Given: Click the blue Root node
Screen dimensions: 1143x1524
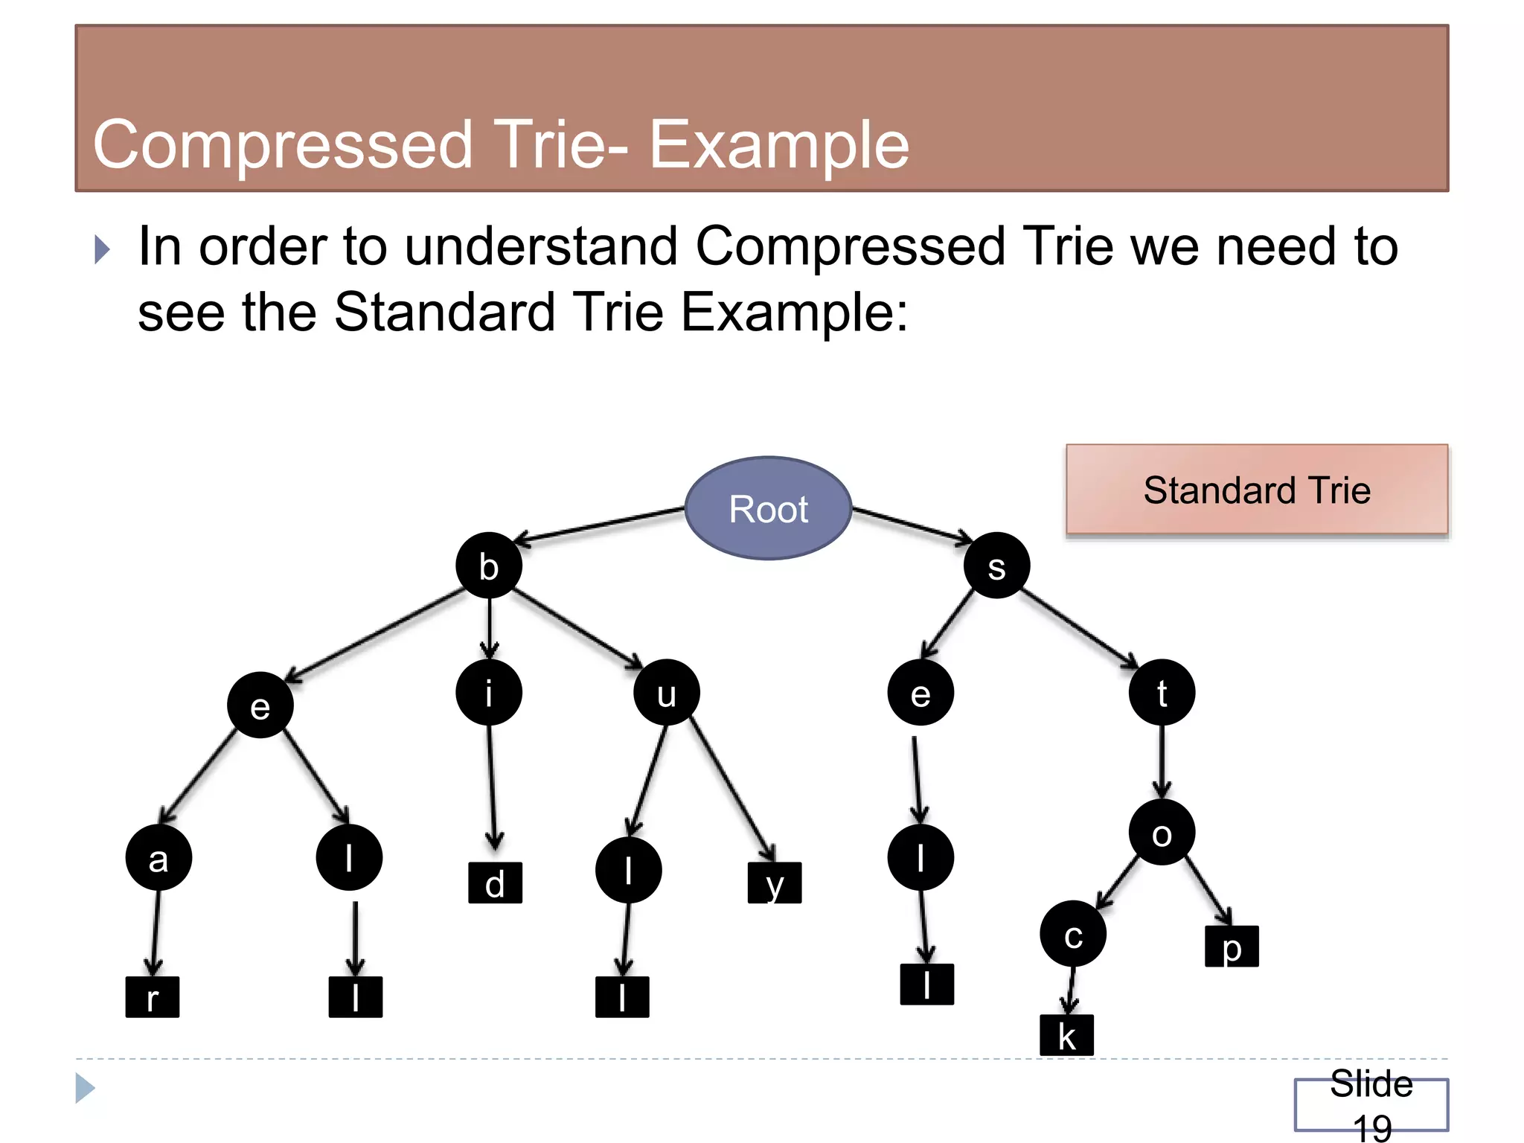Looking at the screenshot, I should pyautogui.click(x=768, y=508).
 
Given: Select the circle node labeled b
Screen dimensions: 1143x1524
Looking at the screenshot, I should pyautogui.click(x=489, y=566).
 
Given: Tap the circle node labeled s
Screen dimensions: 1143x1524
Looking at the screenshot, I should pyautogui.click(x=996, y=566).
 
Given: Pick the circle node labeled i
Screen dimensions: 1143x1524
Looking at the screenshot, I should pyautogui.click(x=489, y=693).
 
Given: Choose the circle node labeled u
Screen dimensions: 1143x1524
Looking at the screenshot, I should pyautogui.click(x=666, y=693).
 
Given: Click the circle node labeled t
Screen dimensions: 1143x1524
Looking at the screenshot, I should pyautogui.click(x=1162, y=693).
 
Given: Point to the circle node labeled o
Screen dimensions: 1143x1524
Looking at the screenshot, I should pyautogui.click(x=1162, y=833).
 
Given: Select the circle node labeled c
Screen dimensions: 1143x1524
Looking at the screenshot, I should pyautogui.click(x=1072, y=934).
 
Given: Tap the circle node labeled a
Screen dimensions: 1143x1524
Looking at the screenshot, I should pyautogui.click(x=159, y=858).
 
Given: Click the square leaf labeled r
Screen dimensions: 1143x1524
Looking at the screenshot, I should pyautogui.click(x=153, y=997).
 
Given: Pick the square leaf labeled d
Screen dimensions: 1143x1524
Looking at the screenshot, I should pyautogui.click(x=495, y=883).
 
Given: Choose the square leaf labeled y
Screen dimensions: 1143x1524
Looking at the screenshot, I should pyautogui.click(x=775, y=883).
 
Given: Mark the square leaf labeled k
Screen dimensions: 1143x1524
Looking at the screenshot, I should pyautogui.click(x=1066, y=1035).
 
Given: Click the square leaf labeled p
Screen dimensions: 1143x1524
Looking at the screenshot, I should pyautogui.click(x=1232, y=947).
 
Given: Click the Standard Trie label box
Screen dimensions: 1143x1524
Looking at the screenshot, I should pyautogui.click(x=1257, y=490).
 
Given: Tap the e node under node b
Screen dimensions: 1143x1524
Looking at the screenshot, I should pyautogui.click(x=260, y=705).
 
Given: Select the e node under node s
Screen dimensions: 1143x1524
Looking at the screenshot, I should pyautogui.click(x=921, y=693).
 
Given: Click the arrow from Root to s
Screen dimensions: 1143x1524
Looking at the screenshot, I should pyautogui.click(x=912, y=525).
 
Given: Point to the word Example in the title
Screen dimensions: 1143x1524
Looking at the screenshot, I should pyautogui.click(x=778, y=145).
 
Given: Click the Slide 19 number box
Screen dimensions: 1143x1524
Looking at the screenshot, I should pyautogui.click(x=1371, y=1104).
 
